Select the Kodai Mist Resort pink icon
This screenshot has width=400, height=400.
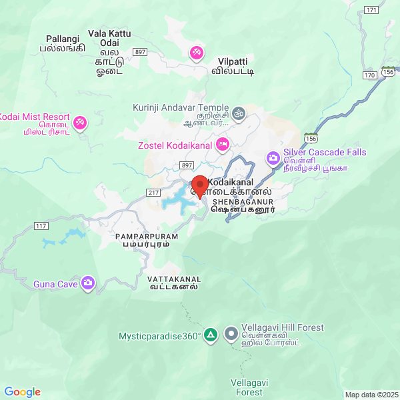click(80, 122)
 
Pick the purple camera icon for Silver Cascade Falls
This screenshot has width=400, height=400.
click(273, 158)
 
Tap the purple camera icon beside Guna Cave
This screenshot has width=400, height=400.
click(88, 285)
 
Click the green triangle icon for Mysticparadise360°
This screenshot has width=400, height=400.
click(211, 334)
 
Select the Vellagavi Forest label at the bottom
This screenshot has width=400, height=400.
click(247, 387)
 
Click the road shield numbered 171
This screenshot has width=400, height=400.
click(372, 10)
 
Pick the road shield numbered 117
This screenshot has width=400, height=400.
click(41, 226)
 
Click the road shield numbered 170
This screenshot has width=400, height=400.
click(370, 75)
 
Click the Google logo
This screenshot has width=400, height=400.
click(22, 392)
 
